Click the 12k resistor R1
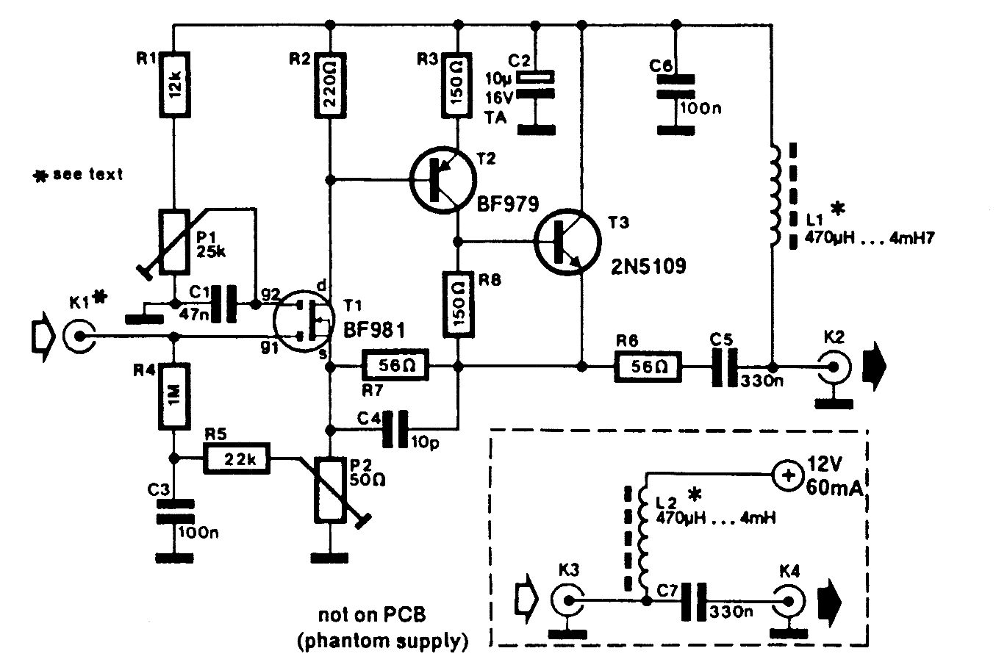point(174,86)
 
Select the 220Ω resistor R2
point(330,85)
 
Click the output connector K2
point(835,366)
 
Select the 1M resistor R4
point(174,397)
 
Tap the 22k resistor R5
point(237,458)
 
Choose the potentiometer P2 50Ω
point(330,489)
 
